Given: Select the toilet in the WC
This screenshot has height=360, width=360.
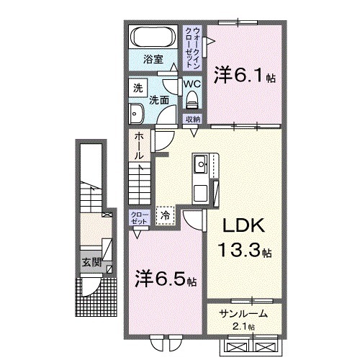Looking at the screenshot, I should coord(192,99).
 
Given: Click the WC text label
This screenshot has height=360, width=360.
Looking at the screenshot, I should coord(192,84).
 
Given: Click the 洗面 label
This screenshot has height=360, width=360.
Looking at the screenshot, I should coord(159,101).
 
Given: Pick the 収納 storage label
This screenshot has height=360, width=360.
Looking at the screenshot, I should coord(192,118).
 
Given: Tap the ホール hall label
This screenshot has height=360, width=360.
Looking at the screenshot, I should coord(138,146).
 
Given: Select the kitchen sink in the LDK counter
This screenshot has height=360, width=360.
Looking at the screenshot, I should coord(199,168).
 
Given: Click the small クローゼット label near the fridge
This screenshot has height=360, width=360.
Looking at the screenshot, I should coord(140,217).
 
